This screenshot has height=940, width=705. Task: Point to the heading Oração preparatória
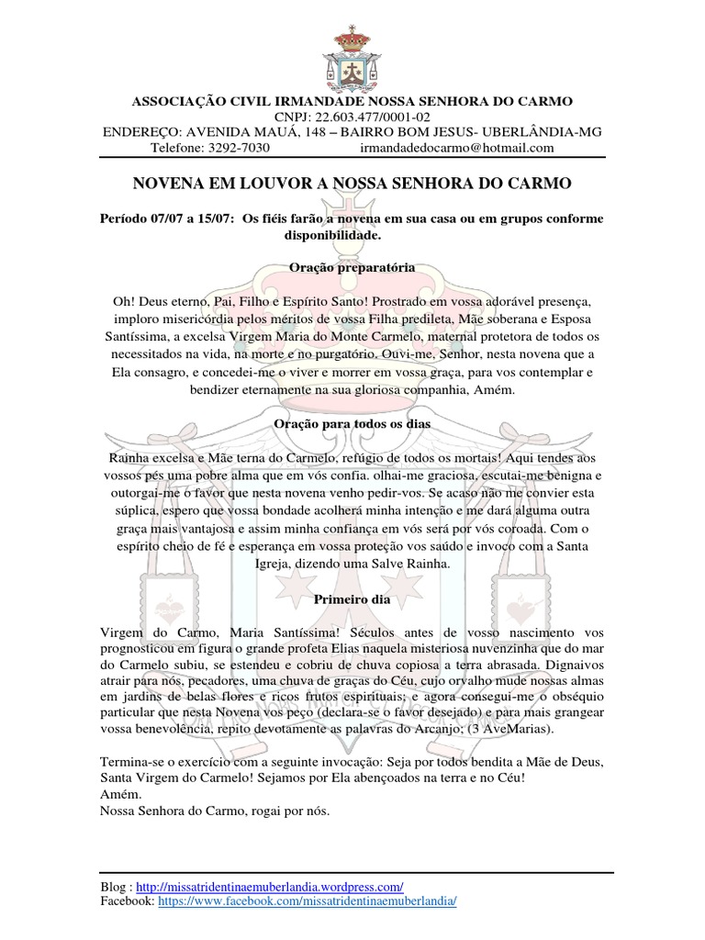(352, 266)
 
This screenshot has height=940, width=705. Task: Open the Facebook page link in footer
(307, 902)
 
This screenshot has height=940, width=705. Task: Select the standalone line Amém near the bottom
(114, 795)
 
